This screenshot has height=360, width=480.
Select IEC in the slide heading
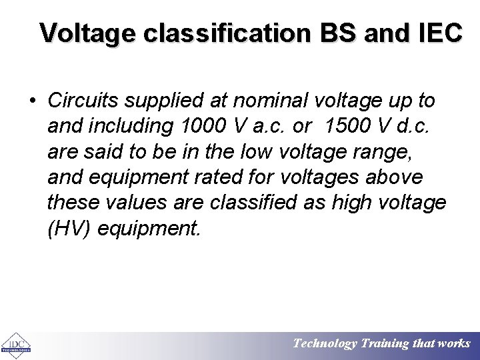click(438, 32)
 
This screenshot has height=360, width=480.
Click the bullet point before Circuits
click(33, 101)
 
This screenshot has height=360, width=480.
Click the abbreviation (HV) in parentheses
click(69, 229)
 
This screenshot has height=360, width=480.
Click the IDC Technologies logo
click(16, 343)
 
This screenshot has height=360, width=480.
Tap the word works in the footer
click(454, 344)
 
